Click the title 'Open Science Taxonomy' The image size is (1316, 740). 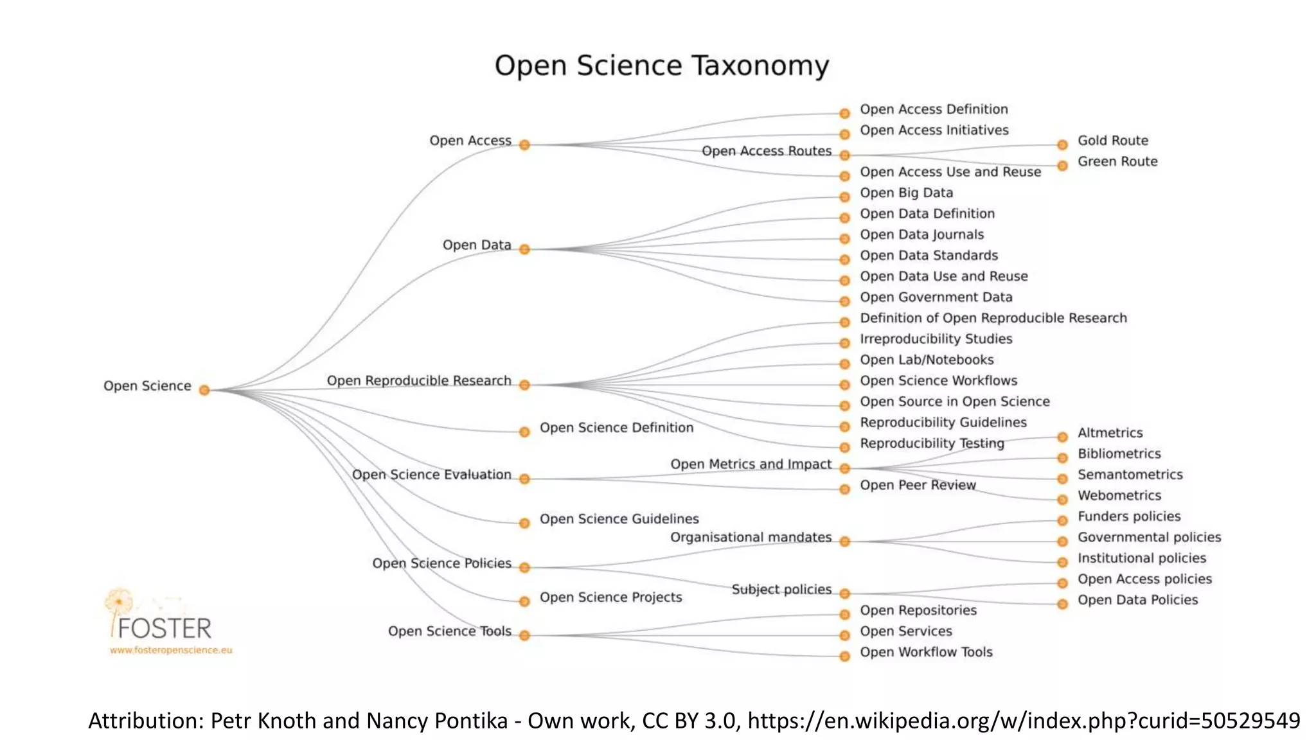point(661,66)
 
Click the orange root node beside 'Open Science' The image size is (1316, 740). point(204,390)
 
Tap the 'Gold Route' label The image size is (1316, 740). point(1112,141)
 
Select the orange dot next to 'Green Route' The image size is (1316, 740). point(1062,166)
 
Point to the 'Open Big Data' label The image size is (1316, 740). point(906,193)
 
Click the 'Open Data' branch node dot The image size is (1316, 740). point(524,249)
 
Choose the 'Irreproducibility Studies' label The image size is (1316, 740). point(936,339)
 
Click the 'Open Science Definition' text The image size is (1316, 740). point(616,428)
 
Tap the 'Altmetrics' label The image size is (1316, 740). point(1110,433)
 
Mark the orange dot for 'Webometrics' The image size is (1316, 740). point(1062,499)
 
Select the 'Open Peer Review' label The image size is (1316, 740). point(918,486)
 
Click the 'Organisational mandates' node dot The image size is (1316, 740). point(845,542)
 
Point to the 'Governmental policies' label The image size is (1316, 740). point(1149,538)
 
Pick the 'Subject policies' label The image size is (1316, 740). point(781,590)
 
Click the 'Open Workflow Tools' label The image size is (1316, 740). point(926,653)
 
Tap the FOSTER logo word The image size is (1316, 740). point(164,628)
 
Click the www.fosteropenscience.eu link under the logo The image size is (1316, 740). point(171,650)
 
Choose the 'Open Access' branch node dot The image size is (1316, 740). point(524,145)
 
